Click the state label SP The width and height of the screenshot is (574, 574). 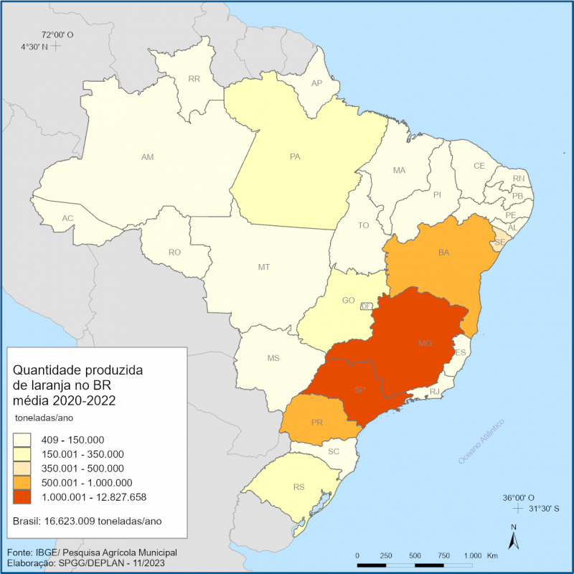point(360,390)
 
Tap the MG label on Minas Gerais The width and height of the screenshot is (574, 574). point(425,344)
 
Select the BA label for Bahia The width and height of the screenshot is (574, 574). point(444,253)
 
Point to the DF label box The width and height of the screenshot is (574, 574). point(365,306)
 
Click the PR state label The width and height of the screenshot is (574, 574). point(317,423)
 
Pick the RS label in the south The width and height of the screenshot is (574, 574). point(299,487)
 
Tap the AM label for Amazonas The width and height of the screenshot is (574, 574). point(147,156)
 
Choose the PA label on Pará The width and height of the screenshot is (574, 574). point(295,157)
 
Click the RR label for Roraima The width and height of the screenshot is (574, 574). point(194,79)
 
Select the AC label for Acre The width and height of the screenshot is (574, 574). point(67,218)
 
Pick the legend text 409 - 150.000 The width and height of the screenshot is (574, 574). point(75,439)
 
